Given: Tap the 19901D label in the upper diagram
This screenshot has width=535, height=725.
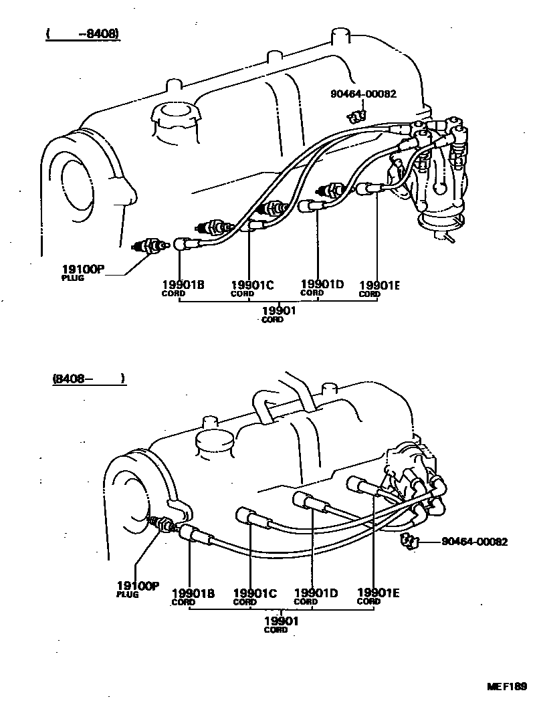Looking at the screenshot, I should [x=322, y=284].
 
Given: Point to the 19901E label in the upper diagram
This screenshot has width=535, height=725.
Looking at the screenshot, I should [x=379, y=286].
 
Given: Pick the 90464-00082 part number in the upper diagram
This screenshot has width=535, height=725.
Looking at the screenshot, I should [x=363, y=94].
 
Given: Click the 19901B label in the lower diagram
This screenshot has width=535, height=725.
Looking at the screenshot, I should [x=193, y=593].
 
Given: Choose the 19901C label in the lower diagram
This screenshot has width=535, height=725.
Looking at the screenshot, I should [x=254, y=593].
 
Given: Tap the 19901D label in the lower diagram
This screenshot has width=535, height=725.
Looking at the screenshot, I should [x=316, y=593].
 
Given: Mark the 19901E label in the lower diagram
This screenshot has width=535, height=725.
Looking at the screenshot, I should [x=379, y=592].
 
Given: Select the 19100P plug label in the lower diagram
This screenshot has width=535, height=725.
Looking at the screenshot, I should [x=138, y=586].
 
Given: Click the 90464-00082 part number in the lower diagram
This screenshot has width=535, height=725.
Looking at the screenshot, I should [x=474, y=542].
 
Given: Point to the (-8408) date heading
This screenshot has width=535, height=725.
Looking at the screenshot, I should [x=83, y=34].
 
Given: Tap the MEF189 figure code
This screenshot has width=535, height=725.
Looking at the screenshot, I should [x=507, y=686].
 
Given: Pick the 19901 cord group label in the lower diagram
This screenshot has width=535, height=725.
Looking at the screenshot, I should [x=281, y=621].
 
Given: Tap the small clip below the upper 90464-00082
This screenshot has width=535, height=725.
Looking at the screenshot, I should [x=355, y=116].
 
